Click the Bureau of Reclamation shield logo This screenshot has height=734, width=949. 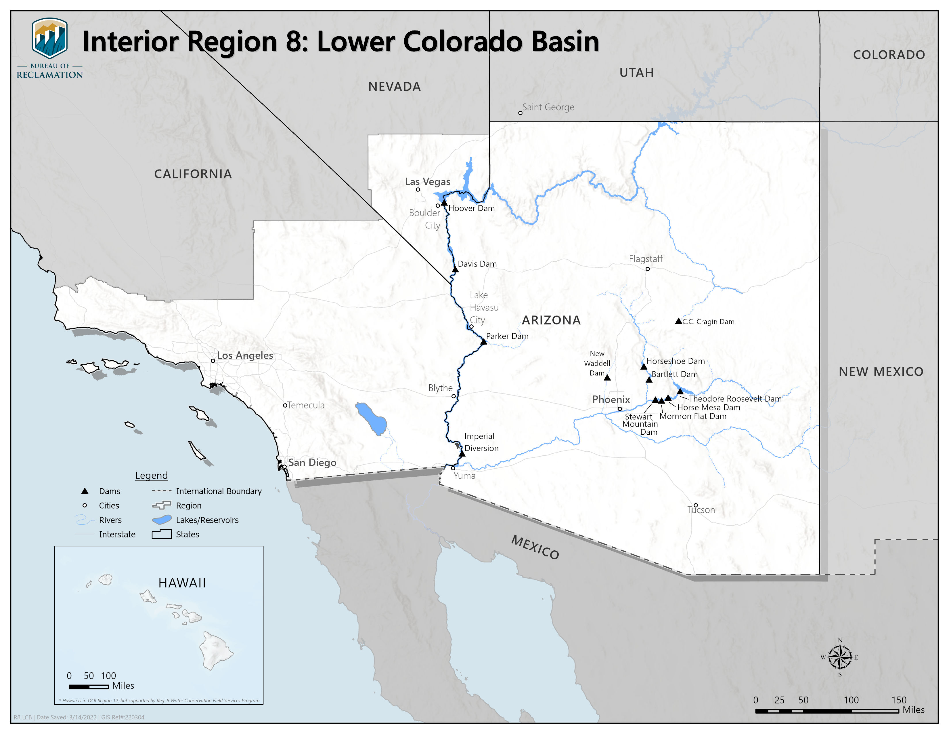[x=49, y=38]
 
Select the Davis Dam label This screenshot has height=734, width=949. [x=477, y=264]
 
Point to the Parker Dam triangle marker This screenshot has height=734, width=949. [x=484, y=342]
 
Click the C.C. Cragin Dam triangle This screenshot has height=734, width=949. [x=678, y=321]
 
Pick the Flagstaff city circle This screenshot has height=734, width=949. [x=647, y=269]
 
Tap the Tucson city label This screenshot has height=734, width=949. [x=701, y=510]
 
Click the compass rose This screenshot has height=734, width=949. [x=840, y=657]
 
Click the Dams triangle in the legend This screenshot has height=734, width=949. [x=85, y=491]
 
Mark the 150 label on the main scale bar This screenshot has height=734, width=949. [x=899, y=700]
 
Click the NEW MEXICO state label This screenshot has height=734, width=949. [x=881, y=372]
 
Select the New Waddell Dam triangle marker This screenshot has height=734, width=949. [x=607, y=377]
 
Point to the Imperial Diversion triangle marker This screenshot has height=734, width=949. [x=462, y=454]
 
